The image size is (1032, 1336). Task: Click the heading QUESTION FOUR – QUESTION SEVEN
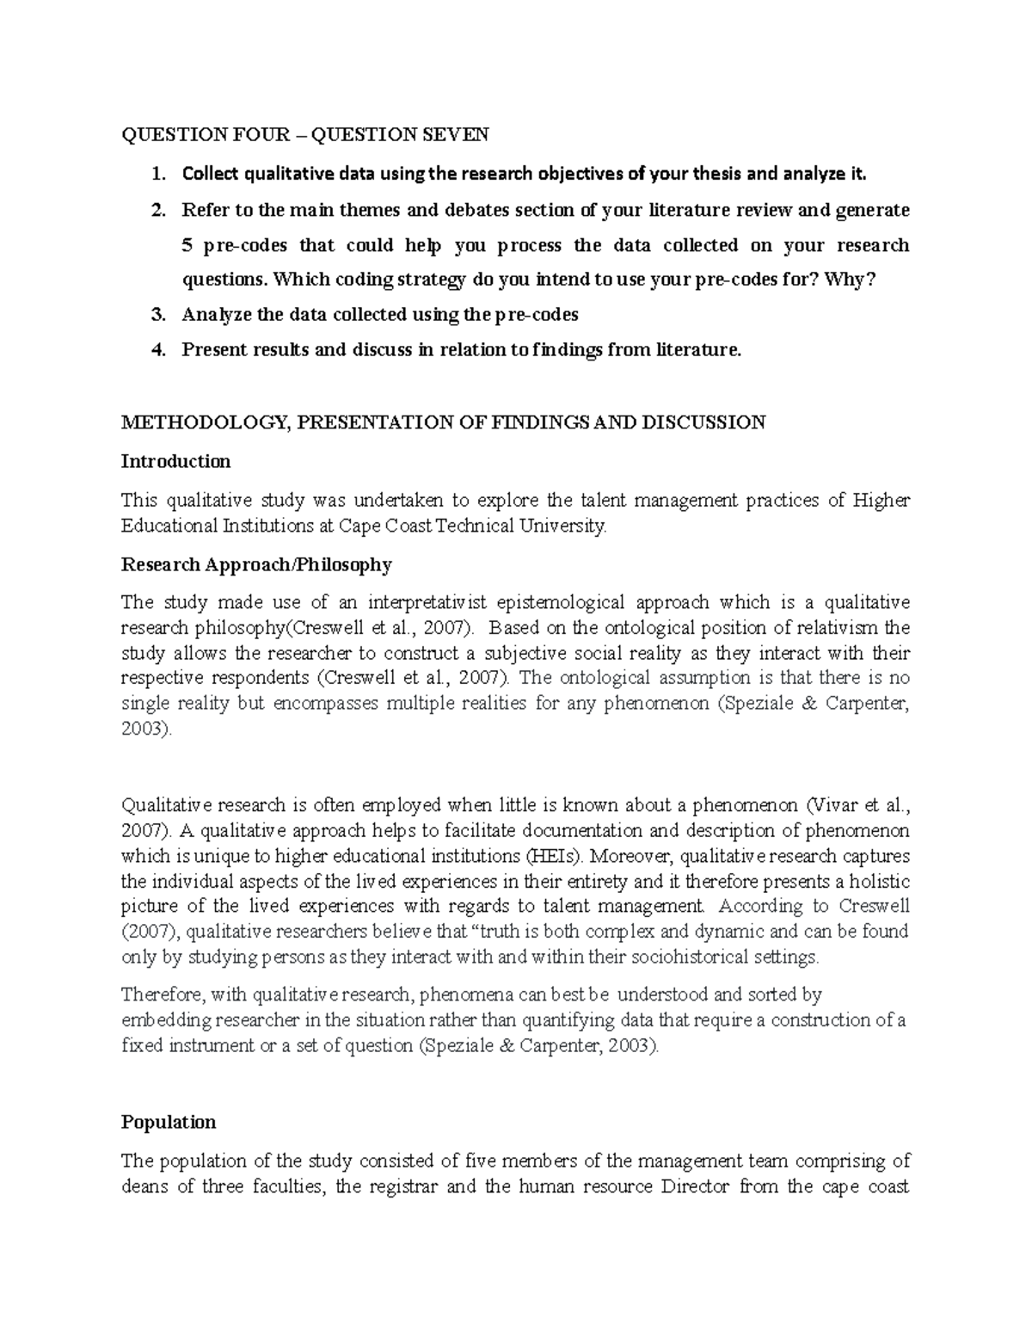304,134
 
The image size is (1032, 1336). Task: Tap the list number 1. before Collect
157,175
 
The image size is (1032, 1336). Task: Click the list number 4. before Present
157,349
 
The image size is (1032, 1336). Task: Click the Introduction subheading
175,461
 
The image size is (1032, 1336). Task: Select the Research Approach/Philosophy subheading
256,565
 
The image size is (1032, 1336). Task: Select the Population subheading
169,1123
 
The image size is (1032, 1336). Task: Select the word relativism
830,628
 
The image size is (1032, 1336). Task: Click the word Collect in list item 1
211,175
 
